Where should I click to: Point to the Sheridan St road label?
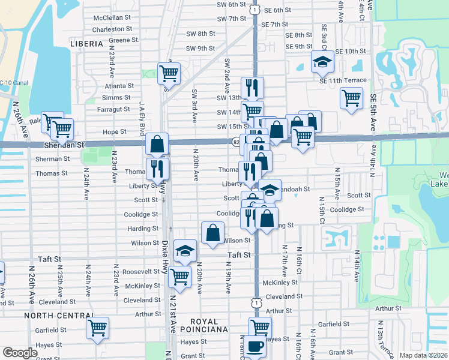point(63,145)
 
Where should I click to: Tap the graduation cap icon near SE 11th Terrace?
point(322,62)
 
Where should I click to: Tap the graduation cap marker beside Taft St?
point(185,250)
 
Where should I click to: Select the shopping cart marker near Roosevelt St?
point(180,277)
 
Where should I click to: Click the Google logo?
point(20,353)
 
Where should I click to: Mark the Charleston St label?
point(112,29)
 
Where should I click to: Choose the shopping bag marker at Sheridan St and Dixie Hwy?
point(157,144)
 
